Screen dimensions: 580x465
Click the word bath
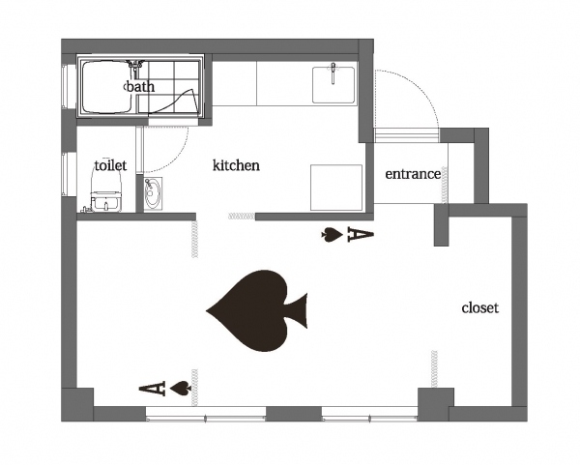click(x=140, y=87)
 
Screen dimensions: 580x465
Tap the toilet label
click(x=110, y=165)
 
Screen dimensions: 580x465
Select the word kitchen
click(x=236, y=165)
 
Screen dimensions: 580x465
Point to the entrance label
click(x=413, y=174)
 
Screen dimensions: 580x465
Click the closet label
click(x=480, y=307)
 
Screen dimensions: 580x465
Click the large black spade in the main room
click(x=257, y=310)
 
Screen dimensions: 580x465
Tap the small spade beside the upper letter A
click(x=332, y=235)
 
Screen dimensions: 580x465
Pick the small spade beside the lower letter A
click(x=181, y=389)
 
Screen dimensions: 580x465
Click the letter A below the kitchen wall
click(x=361, y=235)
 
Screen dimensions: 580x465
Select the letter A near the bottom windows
click(x=152, y=389)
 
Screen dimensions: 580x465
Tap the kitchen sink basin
click(x=333, y=85)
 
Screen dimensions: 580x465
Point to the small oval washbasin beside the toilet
click(x=152, y=194)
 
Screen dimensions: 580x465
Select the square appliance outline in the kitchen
click(x=336, y=188)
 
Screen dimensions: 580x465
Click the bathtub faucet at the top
click(x=135, y=65)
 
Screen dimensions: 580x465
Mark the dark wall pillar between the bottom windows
click(x=294, y=413)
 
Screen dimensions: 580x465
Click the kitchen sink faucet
click(x=333, y=73)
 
